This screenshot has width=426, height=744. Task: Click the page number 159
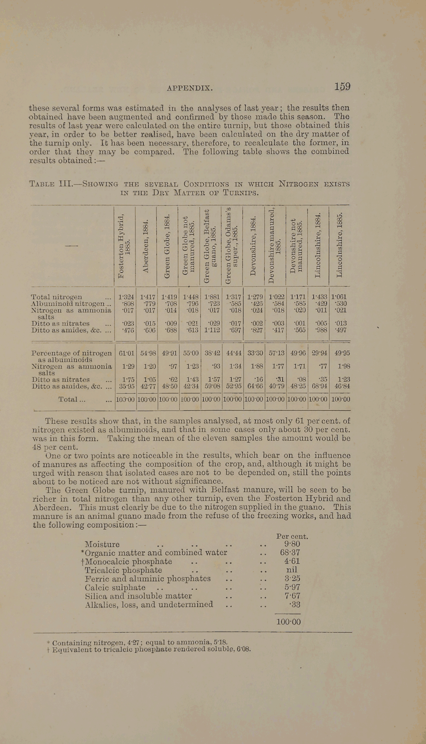[x=342, y=87]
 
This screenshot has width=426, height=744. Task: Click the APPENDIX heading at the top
[x=190, y=88]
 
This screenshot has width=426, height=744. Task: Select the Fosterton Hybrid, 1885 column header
[x=124, y=247]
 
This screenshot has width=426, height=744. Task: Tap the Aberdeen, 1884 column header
[x=145, y=246]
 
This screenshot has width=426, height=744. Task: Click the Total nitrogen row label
[x=56, y=297]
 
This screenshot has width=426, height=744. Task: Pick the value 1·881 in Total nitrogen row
[x=211, y=297]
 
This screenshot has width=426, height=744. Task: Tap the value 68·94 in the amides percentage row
[x=317, y=387]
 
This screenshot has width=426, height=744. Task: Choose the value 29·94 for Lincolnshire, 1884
[x=317, y=352]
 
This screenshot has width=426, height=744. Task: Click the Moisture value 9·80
[x=292, y=544]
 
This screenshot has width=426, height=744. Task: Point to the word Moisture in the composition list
[x=102, y=544]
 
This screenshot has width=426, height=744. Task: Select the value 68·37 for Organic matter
[x=290, y=553]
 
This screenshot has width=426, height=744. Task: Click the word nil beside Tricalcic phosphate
[x=292, y=570]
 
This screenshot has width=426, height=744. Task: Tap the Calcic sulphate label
[x=115, y=587]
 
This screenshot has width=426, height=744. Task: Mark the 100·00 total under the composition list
[x=289, y=622]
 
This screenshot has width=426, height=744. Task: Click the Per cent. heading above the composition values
[x=292, y=537]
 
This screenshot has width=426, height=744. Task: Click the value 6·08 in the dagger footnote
[x=244, y=649]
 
